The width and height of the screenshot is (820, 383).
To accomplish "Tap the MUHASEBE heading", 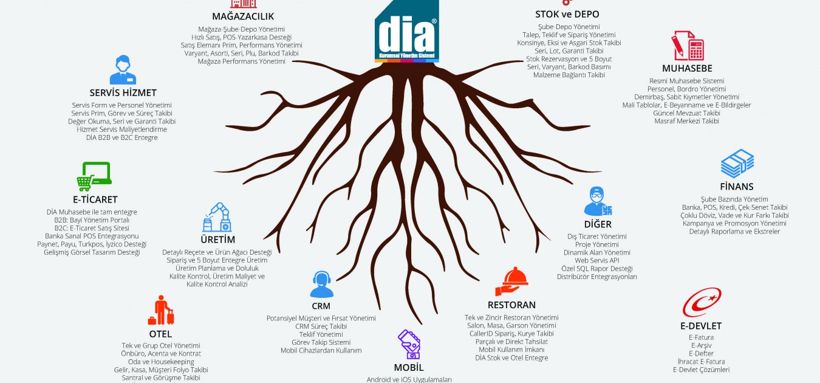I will click(x=687, y=68).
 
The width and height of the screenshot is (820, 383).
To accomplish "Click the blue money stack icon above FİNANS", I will click(x=737, y=164).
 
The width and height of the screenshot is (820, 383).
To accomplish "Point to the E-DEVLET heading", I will click(x=701, y=326).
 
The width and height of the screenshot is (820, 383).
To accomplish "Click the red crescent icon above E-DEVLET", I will click(x=702, y=302).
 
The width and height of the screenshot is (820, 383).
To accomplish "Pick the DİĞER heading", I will click(x=597, y=224).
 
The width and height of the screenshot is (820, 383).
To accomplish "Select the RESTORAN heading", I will click(x=511, y=305).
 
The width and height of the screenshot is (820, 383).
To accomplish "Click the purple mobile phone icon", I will click(x=409, y=345).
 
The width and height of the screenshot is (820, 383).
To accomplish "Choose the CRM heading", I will click(x=321, y=306).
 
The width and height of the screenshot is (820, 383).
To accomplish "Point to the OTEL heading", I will click(x=160, y=334).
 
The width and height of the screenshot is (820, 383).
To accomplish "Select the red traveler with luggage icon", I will click(x=161, y=310).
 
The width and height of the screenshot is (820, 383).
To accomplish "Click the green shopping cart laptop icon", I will click(x=94, y=177).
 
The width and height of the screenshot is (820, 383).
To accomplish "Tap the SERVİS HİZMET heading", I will click(x=123, y=93).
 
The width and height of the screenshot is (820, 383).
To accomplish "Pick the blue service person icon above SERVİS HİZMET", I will click(x=123, y=69).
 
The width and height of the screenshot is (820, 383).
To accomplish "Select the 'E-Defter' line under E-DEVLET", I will click(x=701, y=353).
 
